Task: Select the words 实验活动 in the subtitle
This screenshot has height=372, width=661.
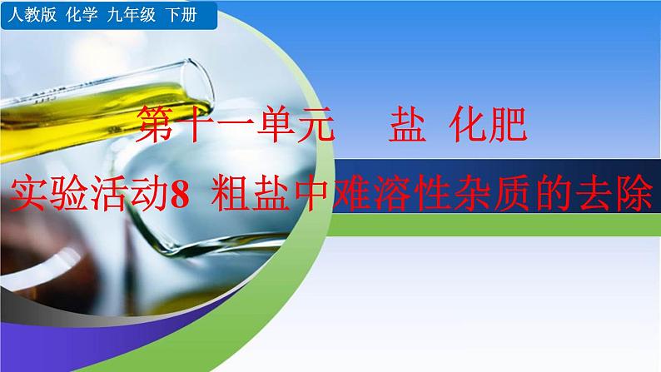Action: pyautogui.click(x=82, y=196)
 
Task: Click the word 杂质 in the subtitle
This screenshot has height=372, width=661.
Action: pyautogui.click(x=486, y=196)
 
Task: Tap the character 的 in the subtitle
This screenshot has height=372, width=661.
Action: pyautogui.click(x=550, y=196)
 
